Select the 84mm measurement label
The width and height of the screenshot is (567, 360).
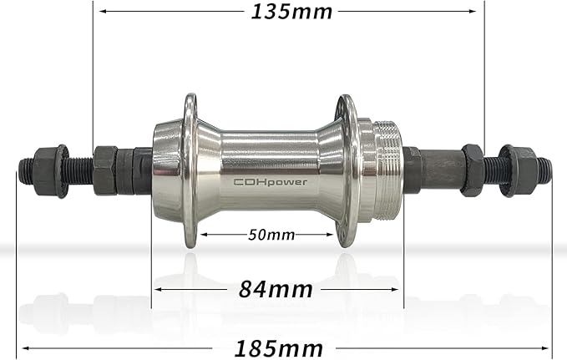click(276, 290)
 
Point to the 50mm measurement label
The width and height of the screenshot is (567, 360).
click(271, 235)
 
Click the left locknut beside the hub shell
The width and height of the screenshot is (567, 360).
click(105, 170)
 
